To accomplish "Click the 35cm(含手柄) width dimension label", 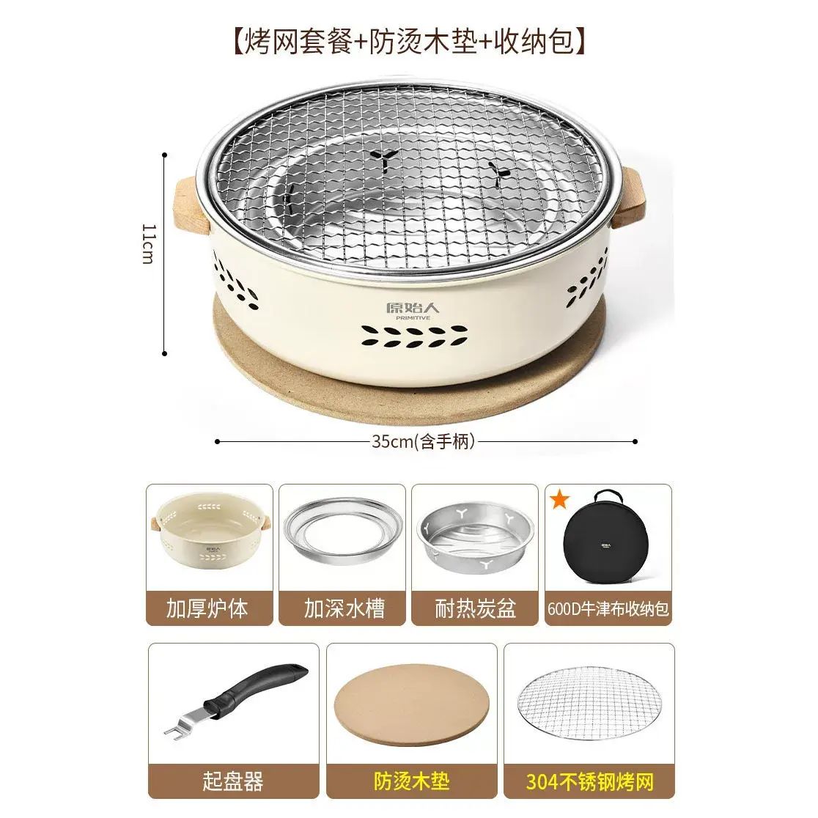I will (424, 441).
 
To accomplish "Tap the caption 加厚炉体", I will (207, 608).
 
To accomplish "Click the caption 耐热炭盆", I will (476, 608).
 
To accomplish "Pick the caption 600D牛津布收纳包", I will (608, 608).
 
